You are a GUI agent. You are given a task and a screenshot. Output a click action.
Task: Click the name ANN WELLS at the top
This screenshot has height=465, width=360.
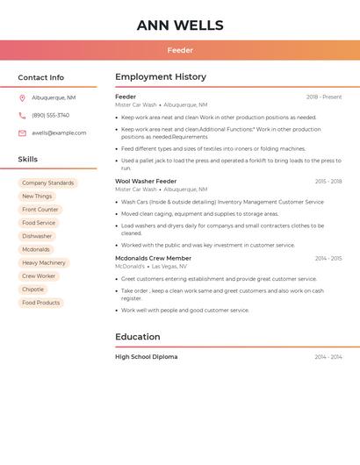point(180,25)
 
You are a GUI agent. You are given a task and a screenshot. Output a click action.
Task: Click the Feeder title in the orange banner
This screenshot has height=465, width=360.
point(180,50)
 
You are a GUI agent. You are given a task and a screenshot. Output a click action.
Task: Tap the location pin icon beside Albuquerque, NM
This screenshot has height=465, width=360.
point(22,98)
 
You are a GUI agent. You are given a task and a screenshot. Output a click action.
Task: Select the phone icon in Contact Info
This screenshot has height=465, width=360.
point(22,116)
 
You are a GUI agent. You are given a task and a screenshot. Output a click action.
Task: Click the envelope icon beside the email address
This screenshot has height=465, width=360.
point(22,133)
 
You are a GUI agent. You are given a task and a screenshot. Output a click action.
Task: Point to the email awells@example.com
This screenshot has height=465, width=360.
point(59,133)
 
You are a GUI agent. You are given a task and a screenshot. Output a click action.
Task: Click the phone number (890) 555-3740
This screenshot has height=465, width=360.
point(50,116)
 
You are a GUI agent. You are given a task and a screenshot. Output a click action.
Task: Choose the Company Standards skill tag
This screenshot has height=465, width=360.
point(47,183)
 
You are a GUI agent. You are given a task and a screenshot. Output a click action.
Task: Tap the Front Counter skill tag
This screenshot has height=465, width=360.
point(40,210)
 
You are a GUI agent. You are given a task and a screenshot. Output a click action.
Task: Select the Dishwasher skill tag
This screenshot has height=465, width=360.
point(37,236)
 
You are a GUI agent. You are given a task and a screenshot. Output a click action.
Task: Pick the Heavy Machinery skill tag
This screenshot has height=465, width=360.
point(44,263)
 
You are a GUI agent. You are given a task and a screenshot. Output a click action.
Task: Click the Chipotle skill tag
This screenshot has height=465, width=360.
point(32,290)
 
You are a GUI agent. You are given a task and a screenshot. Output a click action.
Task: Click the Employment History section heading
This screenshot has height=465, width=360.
point(161,77)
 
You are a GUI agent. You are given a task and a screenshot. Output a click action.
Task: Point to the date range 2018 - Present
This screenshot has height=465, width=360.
point(324,97)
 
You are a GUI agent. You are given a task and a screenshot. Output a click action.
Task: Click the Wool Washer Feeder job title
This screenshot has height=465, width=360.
point(146,182)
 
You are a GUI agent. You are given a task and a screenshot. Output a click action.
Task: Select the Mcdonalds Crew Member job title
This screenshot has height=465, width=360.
point(153,259)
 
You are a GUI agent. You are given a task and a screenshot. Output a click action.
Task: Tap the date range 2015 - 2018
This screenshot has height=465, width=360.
point(328,182)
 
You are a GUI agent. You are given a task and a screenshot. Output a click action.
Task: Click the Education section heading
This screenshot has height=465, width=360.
point(138,337)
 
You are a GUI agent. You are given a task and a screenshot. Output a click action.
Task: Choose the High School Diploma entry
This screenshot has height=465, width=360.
point(146,357)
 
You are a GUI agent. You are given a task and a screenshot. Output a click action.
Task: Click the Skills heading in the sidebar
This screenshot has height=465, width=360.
point(28,160)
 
